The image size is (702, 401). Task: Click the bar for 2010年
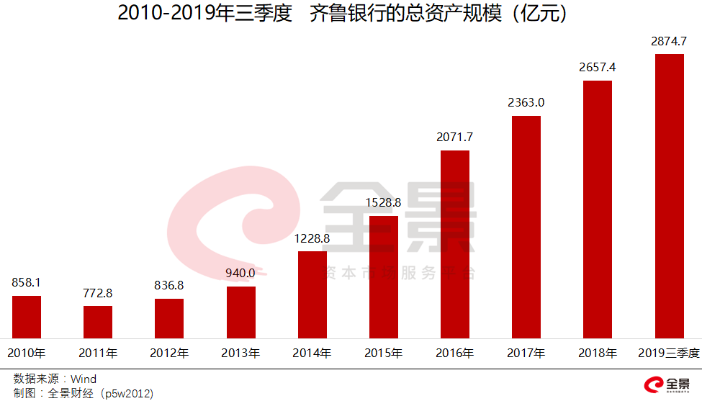click(x=27, y=317)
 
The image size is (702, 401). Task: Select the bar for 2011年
click(x=98, y=323)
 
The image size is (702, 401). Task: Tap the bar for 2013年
click(x=241, y=312)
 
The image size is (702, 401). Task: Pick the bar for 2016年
click(x=455, y=244)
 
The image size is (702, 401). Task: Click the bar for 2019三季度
click(x=670, y=196)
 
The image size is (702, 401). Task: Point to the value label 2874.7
click(x=669, y=41)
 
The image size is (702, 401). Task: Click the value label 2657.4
click(x=597, y=67)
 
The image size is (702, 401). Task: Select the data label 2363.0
click(x=526, y=102)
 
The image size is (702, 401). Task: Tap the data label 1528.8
click(x=383, y=203)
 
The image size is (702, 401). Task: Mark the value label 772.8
click(x=98, y=293)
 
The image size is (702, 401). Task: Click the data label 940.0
click(x=240, y=273)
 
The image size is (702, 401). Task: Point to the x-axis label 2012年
click(x=169, y=353)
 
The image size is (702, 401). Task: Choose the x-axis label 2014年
click(x=312, y=353)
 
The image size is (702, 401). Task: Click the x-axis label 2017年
click(x=526, y=353)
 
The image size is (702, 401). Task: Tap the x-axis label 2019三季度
click(x=669, y=353)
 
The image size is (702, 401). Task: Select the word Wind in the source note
click(x=84, y=379)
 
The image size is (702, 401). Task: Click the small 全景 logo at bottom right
click(x=667, y=384)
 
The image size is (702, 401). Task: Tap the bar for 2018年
click(x=598, y=209)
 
